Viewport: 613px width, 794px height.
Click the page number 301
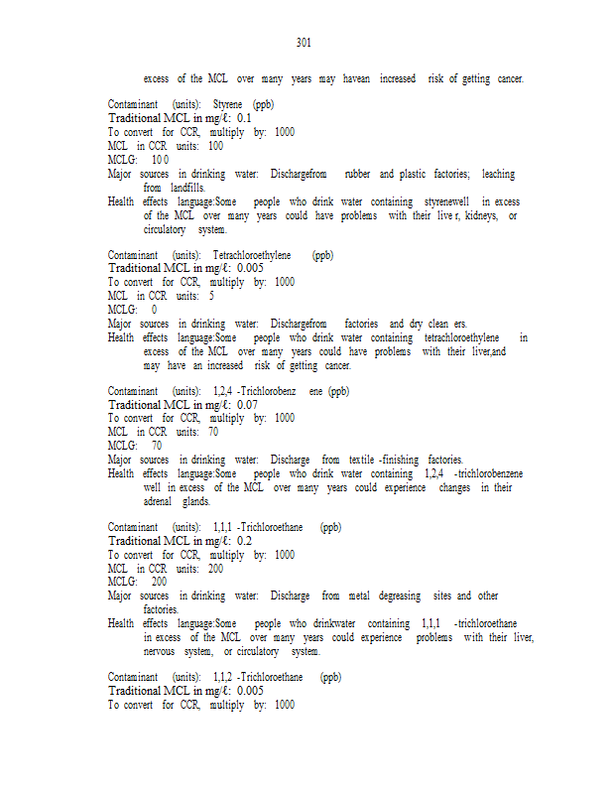(305, 43)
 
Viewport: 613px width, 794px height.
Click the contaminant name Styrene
(229, 104)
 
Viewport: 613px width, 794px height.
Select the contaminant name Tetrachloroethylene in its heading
(252, 255)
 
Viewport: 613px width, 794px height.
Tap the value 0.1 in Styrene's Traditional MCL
(244, 118)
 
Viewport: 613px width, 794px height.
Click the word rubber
(357, 174)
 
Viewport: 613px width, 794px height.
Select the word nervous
(161, 652)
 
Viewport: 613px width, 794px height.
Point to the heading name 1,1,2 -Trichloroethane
(263, 677)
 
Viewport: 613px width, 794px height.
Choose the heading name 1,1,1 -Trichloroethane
(263, 527)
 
